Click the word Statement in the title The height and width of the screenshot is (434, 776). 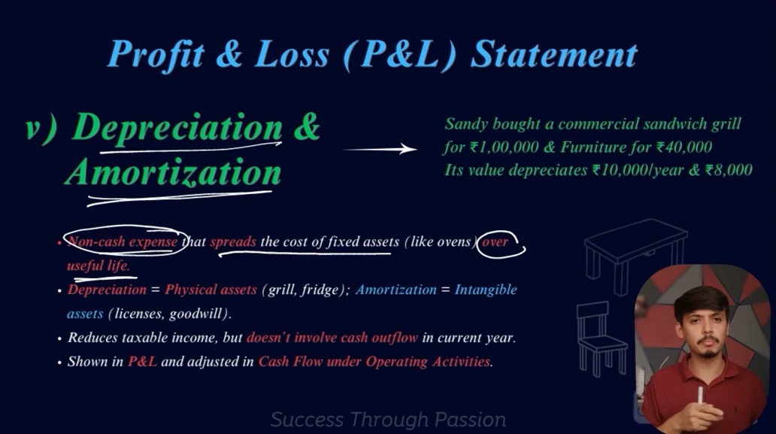tap(553, 54)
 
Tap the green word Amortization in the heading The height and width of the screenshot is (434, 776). tap(174, 173)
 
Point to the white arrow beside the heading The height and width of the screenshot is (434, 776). tap(380, 148)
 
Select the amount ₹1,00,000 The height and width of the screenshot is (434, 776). tap(505, 147)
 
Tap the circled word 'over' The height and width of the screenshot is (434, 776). tap(495, 242)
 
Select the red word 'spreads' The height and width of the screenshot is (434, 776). tap(233, 242)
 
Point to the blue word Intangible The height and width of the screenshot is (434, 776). tap(486, 290)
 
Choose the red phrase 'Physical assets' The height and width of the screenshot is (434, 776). tap(211, 290)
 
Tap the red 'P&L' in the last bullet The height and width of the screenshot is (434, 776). tap(143, 362)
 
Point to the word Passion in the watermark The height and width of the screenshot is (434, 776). tap(470, 420)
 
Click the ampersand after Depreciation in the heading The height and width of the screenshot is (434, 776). tap(307, 126)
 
